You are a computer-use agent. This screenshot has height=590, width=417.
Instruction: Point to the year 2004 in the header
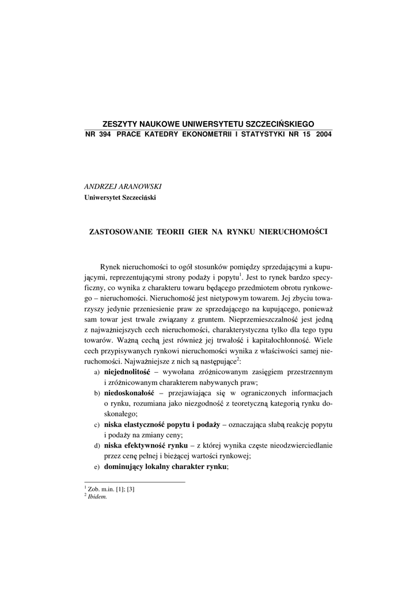click(x=324, y=134)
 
